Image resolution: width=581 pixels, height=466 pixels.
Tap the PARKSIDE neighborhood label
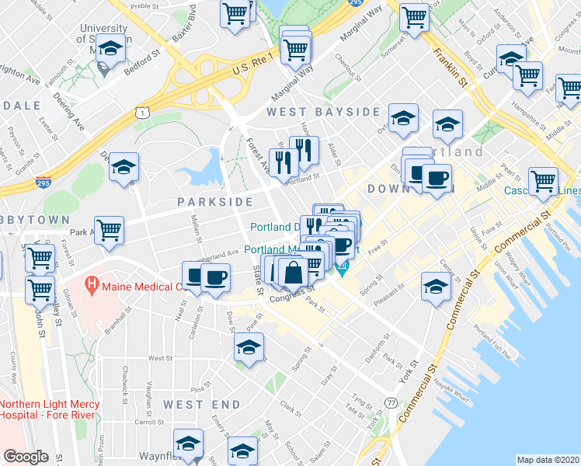214,202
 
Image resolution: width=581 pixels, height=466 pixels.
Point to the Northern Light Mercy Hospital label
49,409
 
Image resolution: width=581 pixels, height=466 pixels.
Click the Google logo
26,457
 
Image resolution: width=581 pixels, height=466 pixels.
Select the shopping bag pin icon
294,273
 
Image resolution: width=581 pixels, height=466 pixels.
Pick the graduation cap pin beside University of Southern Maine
111,48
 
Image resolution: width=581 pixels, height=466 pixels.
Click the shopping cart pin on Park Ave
111,230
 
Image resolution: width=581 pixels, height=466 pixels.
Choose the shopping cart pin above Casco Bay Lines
543,181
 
